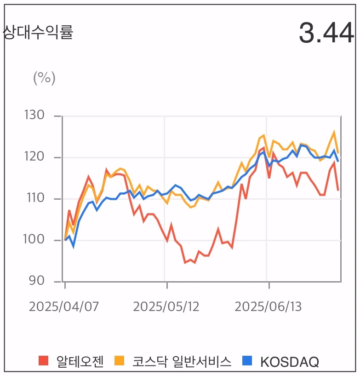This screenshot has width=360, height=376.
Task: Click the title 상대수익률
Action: pyautogui.click(x=38, y=32)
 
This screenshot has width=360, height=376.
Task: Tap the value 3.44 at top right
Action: pyautogui.click(x=326, y=33)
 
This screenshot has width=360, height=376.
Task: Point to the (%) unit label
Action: pyautogui.click(x=44, y=78)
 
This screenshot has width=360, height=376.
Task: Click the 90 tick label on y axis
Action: pyautogui.click(x=36, y=281)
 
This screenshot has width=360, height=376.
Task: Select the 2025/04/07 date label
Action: pyautogui.click(x=64, y=307)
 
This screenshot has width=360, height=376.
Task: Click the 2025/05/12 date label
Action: pyautogui.click(x=166, y=307)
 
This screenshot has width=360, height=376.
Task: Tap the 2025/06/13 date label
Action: pyautogui.click(x=268, y=307)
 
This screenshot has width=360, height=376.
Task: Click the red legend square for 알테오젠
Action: pyautogui.click(x=44, y=361)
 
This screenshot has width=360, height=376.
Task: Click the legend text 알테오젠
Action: pyautogui.click(x=80, y=362)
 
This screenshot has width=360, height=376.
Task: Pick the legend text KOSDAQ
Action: pyautogui.click(x=290, y=362)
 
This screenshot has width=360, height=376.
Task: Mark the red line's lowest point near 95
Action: pyautogui.click(x=185, y=263)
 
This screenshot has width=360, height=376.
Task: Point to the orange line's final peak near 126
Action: pyautogui.click(x=334, y=132)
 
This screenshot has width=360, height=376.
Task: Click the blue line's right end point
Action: pyautogui.click(x=339, y=161)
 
